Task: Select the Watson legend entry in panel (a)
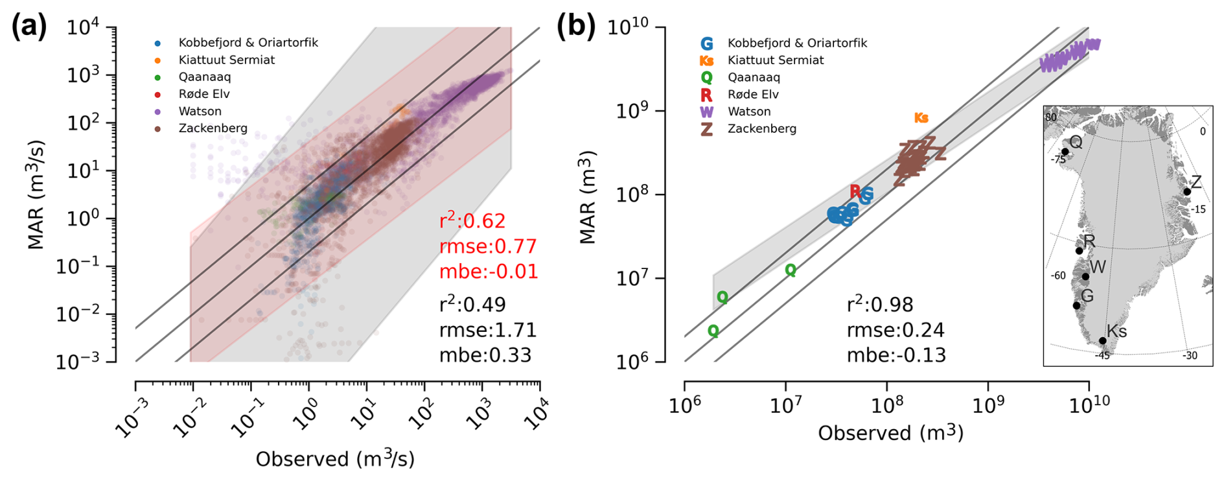[x=200, y=111]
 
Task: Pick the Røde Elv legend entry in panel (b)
[x=753, y=95]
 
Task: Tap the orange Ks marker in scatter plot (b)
[x=921, y=118]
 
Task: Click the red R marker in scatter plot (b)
[x=855, y=191]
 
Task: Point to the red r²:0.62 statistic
[x=472, y=221]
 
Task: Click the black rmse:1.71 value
[x=488, y=330]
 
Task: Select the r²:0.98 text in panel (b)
[x=880, y=305]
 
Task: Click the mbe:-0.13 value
[x=896, y=355]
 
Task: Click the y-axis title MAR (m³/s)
[x=36, y=194]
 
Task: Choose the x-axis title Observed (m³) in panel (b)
[x=890, y=433]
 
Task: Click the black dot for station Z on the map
[x=1187, y=192]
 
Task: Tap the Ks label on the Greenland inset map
[x=1116, y=331]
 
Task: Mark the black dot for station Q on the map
[x=1065, y=152]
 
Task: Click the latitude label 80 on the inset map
[x=1050, y=118]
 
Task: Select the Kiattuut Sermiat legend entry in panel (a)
[x=226, y=60]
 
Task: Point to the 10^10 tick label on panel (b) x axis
[x=1089, y=403]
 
